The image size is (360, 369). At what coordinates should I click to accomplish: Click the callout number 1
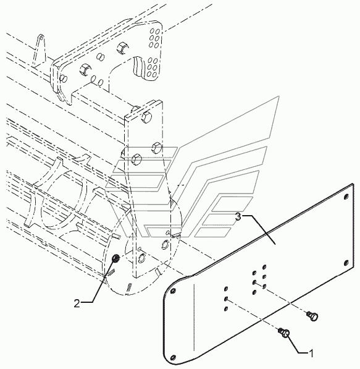[x=311, y=353]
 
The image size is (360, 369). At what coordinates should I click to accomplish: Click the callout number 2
[x=77, y=303]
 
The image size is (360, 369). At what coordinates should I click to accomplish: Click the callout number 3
[x=238, y=217]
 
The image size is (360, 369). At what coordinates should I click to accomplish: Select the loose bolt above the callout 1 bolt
[x=312, y=315]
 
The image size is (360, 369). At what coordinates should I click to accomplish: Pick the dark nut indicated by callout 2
[x=115, y=258]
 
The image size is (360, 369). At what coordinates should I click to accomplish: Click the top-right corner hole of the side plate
[x=346, y=197]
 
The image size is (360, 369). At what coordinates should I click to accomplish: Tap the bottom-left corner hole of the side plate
[x=174, y=357]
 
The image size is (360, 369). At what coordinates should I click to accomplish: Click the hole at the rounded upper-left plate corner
[x=174, y=291]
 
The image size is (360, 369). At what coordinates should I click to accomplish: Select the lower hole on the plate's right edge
[x=346, y=263]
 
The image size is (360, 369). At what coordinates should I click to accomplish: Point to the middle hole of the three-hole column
[x=226, y=299]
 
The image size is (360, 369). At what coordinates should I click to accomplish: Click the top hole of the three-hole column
[x=226, y=289]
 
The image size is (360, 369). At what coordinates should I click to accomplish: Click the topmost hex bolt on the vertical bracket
[x=146, y=116]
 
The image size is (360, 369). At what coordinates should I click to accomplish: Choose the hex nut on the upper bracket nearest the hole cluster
[x=122, y=48]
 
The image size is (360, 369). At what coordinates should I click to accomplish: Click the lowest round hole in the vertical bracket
[x=142, y=258]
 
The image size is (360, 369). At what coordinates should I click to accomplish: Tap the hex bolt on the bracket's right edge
[x=157, y=148]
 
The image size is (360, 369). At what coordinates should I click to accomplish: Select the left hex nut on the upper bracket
[x=85, y=69]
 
